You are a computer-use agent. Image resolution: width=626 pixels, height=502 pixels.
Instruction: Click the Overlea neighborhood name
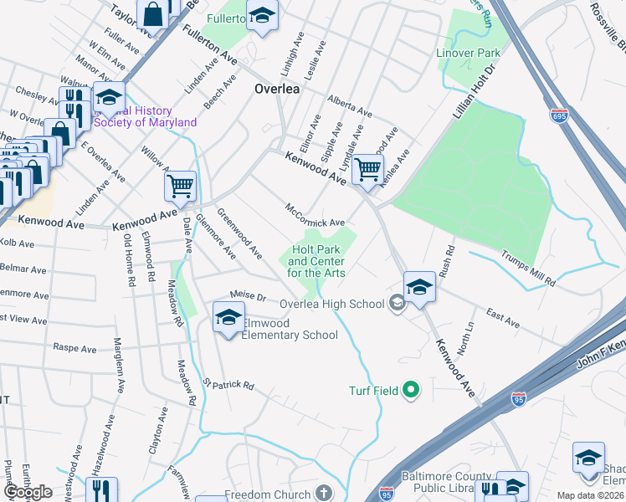pyautogui.click(x=278, y=90)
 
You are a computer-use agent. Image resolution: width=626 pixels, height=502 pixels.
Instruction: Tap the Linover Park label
pyautogui.click(x=469, y=53)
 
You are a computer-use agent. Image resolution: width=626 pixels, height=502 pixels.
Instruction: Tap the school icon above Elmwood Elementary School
pyautogui.click(x=228, y=316)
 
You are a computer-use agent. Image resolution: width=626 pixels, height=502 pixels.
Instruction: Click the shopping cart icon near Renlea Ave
pyautogui.click(x=367, y=168)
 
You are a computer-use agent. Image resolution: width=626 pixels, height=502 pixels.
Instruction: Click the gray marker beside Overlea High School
pyautogui.click(x=398, y=304)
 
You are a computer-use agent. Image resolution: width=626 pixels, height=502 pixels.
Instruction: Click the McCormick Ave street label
pyautogui.click(x=315, y=215)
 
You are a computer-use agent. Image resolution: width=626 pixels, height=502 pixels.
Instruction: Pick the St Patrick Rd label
pyautogui.click(x=228, y=384)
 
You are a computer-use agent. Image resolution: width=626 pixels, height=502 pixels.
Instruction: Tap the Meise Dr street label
pyautogui.click(x=248, y=296)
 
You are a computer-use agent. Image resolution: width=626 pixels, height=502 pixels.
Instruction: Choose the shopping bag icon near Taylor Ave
pyautogui.click(x=153, y=13)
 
